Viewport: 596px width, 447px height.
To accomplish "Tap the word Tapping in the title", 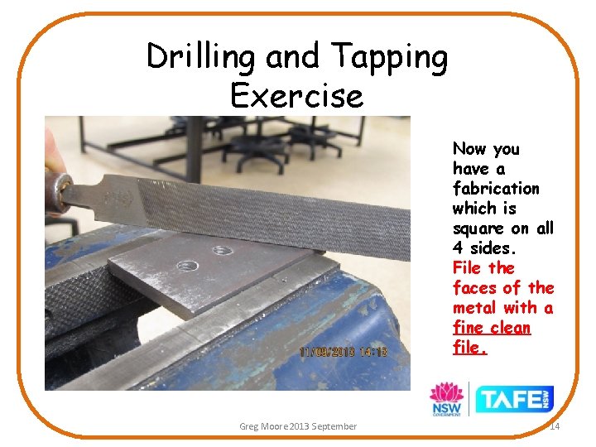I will (x=389, y=58).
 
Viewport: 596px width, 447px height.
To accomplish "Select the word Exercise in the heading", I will (x=296, y=96).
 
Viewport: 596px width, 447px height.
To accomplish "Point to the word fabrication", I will (x=496, y=189).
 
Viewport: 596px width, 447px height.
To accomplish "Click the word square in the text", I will (x=478, y=228).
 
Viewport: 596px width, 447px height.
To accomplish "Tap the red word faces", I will (x=474, y=288).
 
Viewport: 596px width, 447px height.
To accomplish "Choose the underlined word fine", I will (x=468, y=328).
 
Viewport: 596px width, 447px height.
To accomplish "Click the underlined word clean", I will (x=509, y=328).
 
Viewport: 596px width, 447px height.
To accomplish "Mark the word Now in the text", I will (x=469, y=149).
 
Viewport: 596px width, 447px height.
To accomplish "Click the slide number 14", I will (x=555, y=426).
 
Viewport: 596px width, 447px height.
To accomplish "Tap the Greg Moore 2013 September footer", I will (x=298, y=426).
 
